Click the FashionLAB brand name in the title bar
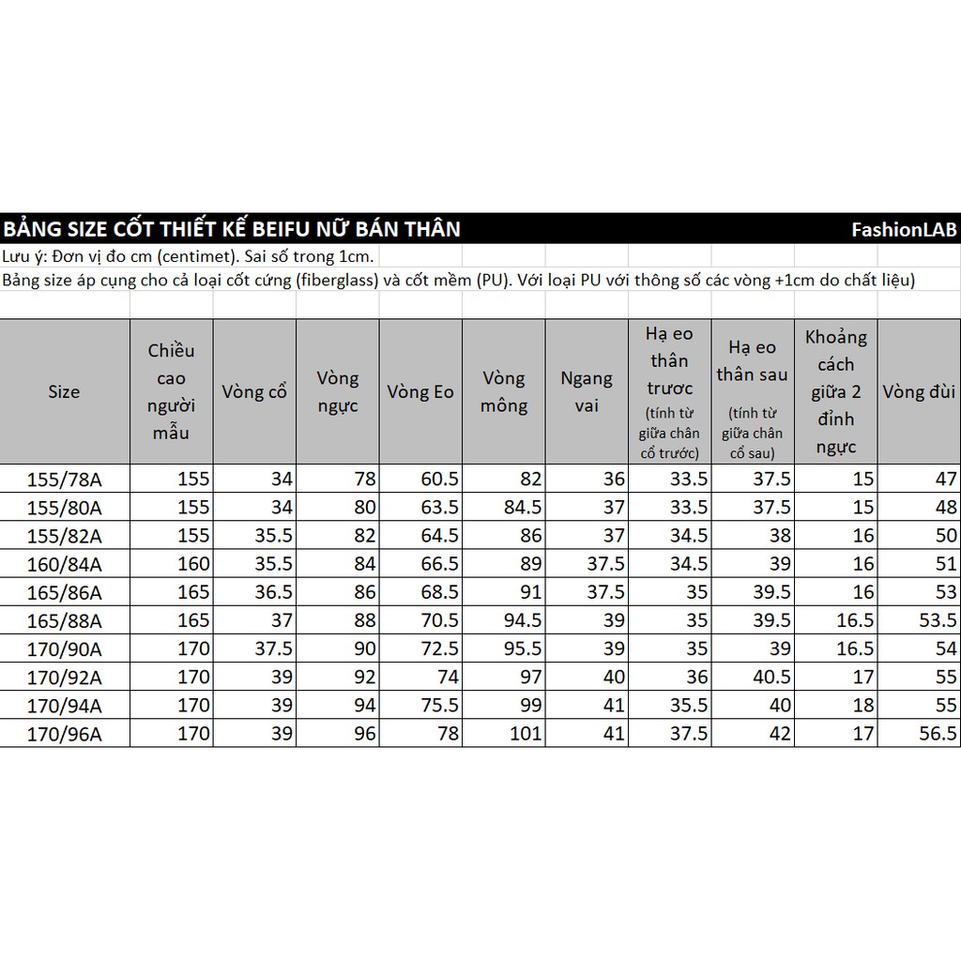[x=904, y=229]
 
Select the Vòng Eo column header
[x=419, y=391]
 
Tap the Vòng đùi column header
[x=919, y=391]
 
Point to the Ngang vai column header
[x=587, y=391]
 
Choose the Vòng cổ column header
[x=254, y=391]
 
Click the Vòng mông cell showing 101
[x=525, y=733]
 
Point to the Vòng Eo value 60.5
[x=439, y=479]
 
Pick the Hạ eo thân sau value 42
[x=779, y=733]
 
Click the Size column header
[x=64, y=391]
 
